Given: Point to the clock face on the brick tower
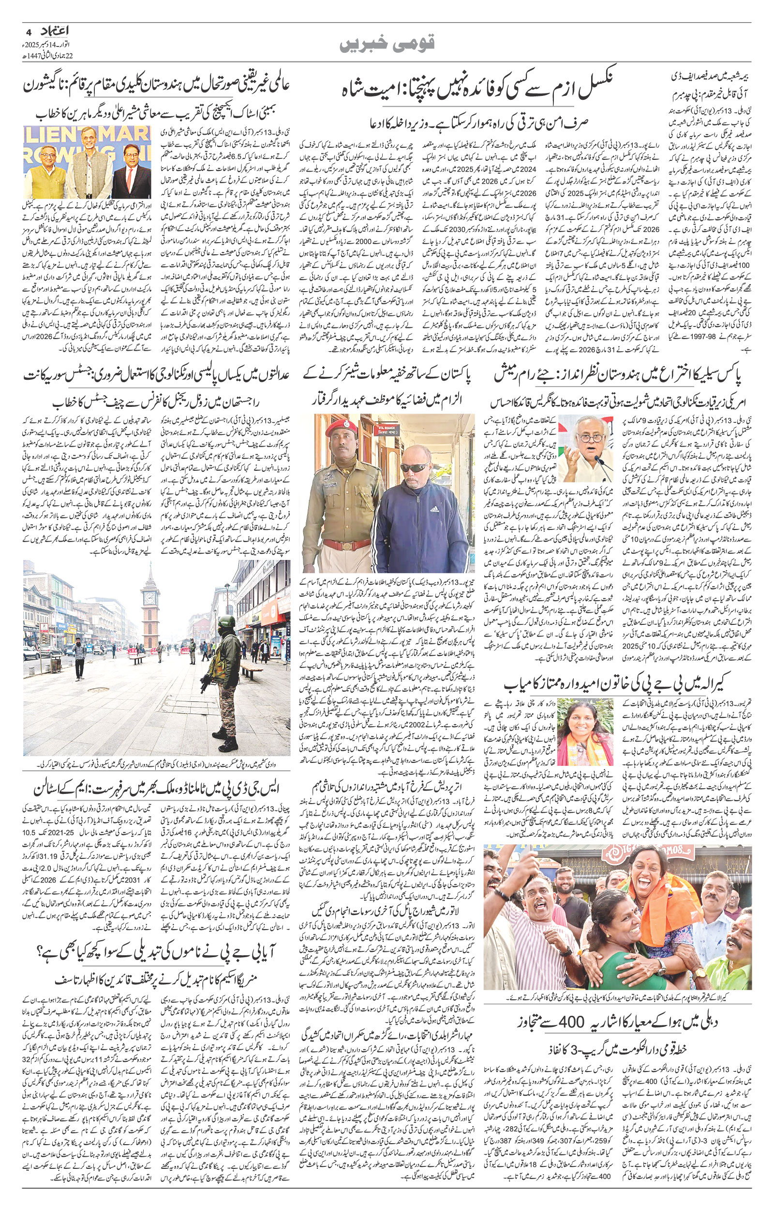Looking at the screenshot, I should click(150, 596).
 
